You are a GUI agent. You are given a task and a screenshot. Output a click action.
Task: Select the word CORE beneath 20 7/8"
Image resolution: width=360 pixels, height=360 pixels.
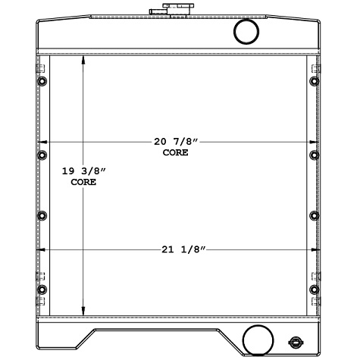coord(175,153)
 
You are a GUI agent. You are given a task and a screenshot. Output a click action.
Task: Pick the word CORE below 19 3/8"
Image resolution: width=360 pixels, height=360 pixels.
coord(83,183)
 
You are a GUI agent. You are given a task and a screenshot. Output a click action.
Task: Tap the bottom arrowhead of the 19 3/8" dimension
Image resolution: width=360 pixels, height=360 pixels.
coord(83,312)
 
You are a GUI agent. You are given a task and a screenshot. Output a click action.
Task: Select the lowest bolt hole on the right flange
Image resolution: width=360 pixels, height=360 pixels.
coord(314,290)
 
